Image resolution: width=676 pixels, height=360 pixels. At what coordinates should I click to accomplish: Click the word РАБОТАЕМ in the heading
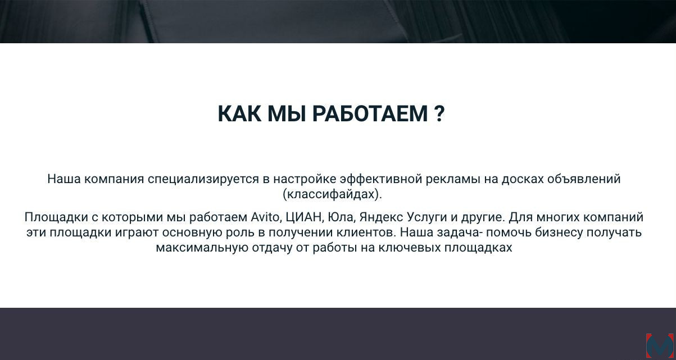pos(370,114)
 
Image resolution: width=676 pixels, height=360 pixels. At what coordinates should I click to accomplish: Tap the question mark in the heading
pos(440,114)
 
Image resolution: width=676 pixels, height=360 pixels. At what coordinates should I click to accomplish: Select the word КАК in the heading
pos(239,114)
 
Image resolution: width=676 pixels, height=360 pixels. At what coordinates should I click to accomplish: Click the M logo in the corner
pos(661,346)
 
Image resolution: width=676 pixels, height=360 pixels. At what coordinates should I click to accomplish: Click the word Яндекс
pos(381,217)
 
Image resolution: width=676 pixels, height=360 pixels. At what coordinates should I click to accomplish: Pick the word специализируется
pos(203,179)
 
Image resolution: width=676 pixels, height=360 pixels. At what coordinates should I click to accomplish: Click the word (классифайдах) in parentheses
pos(332,194)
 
